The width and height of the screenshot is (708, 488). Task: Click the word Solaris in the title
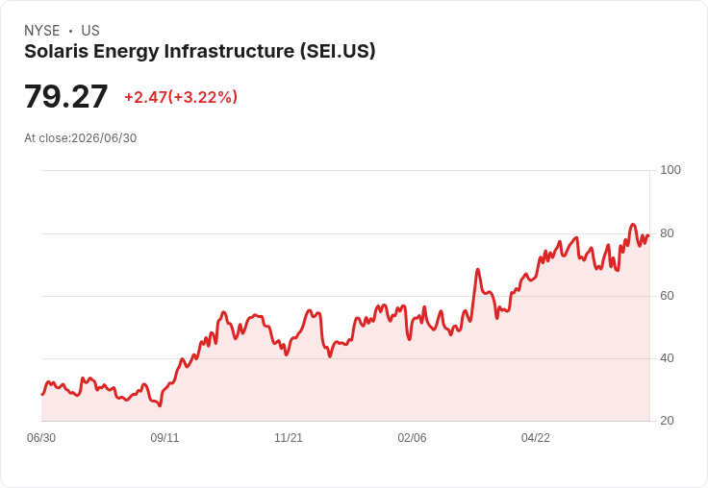point(57,51)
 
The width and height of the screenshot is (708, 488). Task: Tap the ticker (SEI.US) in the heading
point(338,52)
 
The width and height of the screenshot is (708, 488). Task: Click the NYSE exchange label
point(42,31)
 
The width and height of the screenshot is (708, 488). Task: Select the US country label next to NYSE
point(90,31)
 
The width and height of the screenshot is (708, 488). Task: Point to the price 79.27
point(66,96)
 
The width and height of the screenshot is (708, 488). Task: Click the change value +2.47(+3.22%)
point(181,97)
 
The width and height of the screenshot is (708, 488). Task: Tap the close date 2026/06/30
point(104,138)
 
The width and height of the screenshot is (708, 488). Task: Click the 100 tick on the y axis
point(670,170)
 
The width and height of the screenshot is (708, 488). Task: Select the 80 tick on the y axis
point(667,233)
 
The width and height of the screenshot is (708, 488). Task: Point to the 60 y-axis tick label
point(667,296)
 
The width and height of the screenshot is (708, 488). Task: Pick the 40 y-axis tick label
point(667,358)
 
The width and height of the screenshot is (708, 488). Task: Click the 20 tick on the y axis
point(667,421)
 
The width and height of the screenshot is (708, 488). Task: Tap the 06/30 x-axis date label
point(41,438)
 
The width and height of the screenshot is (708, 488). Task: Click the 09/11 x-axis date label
point(164,438)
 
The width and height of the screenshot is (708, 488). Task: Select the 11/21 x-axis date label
point(289,438)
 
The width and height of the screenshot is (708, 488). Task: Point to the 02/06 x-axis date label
point(412,438)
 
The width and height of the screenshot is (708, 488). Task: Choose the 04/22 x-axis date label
point(536,438)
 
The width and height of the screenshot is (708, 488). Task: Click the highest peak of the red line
point(633,224)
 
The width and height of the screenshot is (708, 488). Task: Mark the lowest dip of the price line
point(160,406)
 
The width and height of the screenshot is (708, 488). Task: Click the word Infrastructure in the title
point(229,51)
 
